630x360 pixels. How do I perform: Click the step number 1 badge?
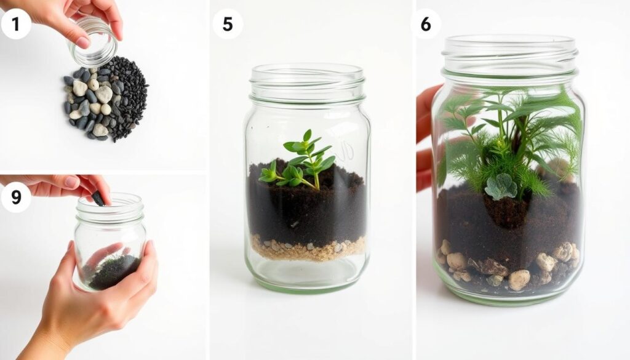[x=15, y=24]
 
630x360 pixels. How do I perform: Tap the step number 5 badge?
[x=228, y=24]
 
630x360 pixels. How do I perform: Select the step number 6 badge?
[x=426, y=24]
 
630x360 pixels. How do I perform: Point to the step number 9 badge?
[x=15, y=198]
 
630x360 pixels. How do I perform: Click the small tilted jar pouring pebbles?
[x=94, y=42]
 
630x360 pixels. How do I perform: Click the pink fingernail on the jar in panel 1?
[x=83, y=42]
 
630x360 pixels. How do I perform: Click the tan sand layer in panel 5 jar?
[x=308, y=248]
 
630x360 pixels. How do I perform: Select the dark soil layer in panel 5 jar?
[x=308, y=201]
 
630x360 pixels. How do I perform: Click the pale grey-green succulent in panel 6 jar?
[x=501, y=187]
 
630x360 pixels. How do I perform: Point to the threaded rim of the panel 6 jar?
[x=509, y=56]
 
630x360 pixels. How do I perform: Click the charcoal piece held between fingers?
[x=98, y=198]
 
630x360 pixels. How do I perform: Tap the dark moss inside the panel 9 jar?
[x=114, y=271]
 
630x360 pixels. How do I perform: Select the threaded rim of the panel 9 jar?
[x=110, y=208]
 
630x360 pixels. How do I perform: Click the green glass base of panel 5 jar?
[x=308, y=281]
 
